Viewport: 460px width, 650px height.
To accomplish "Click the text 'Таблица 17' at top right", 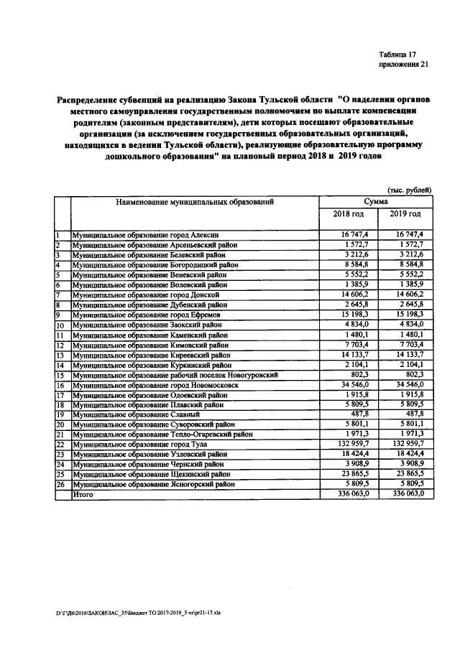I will pos(397,55).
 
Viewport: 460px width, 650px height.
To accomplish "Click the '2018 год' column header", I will pos(348,214).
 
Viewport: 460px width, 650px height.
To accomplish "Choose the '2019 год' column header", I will pos(405,214).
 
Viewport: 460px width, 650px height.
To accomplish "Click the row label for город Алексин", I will pos(144,235).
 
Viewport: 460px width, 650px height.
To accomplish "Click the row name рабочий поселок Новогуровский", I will pos(175,375).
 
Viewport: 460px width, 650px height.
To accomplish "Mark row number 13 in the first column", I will pos(60,355).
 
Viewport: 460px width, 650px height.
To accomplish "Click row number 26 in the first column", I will pos(60,485).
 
